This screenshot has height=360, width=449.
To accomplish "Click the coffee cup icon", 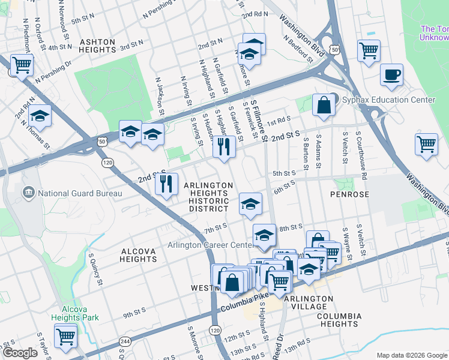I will tap(391, 75).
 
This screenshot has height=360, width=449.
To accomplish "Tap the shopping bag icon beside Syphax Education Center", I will tap(324, 105).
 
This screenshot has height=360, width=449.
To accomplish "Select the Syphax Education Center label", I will tap(388, 100).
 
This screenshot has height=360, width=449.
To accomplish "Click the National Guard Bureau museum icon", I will tap(28, 193).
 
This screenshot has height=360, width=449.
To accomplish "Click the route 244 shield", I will tap(125, 341).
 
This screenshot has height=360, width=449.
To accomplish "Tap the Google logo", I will tap(20, 353).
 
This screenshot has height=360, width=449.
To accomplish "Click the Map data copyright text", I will tap(411, 355).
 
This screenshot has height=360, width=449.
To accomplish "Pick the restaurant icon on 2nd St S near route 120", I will tap(167, 184).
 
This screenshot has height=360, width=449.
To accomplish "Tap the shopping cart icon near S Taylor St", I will tap(65, 336).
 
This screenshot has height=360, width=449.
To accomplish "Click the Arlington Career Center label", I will tap(209, 245).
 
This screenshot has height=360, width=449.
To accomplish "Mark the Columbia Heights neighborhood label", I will tap(339, 320).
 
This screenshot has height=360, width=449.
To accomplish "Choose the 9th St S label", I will tap(134, 313).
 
